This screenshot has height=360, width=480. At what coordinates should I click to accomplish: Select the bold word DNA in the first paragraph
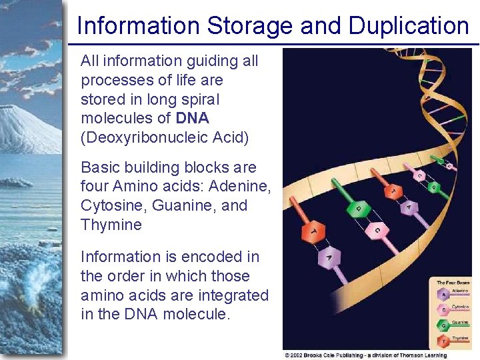pyautogui.click(x=193, y=118)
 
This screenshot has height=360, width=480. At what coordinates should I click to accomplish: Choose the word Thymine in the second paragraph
pyautogui.click(x=111, y=225)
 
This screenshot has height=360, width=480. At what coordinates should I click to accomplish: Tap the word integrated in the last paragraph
pyautogui.click(x=235, y=295)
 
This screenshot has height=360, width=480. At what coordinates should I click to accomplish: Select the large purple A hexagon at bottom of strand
pyautogui.click(x=329, y=255)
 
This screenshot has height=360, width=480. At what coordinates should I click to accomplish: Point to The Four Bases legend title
pyautogui.click(x=453, y=282)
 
